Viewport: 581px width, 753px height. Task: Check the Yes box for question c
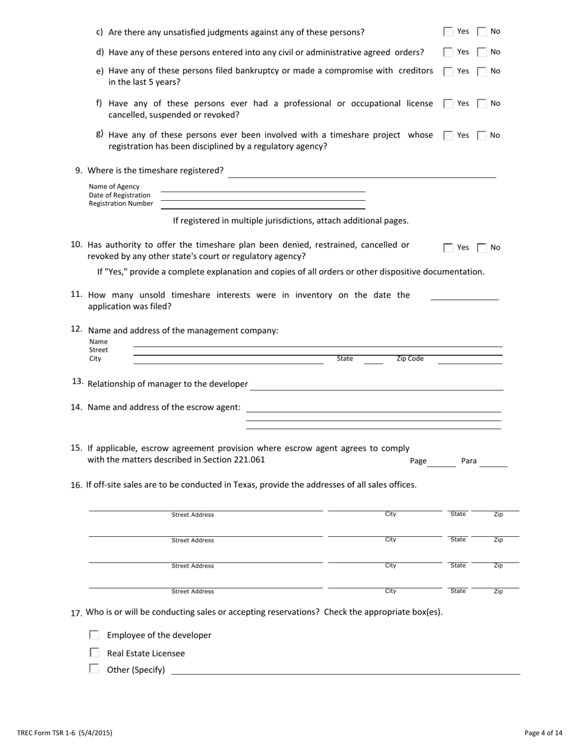[x=448, y=31]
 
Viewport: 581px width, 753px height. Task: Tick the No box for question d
[x=482, y=52]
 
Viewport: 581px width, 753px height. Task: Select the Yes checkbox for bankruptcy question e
[x=448, y=71]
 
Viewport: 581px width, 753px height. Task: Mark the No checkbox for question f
[x=482, y=103]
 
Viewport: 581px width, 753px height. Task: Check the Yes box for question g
[x=448, y=135]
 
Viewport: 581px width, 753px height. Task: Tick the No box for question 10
[x=482, y=247]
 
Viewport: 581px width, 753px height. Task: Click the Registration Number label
[x=121, y=204]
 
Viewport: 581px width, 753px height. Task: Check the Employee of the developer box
[x=94, y=635]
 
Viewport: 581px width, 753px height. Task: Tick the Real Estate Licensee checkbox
[x=94, y=653]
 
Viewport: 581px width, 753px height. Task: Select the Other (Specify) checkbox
[x=94, y=669]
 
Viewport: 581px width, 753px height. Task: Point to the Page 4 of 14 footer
[x=543, y=732]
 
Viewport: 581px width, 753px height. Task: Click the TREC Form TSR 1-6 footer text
[x=65, y=732]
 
